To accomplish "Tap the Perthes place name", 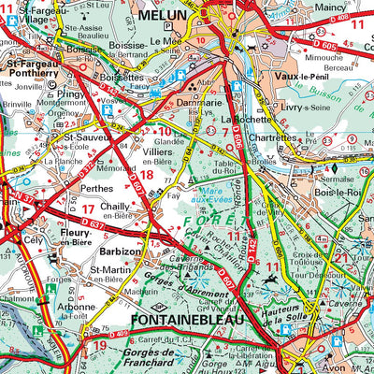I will pyautogui.click(x=96, y=162).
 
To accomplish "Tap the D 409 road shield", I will pyautogui.click(x=119, y=334).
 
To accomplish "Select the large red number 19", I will pyautogui.click(x=100, y=347).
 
